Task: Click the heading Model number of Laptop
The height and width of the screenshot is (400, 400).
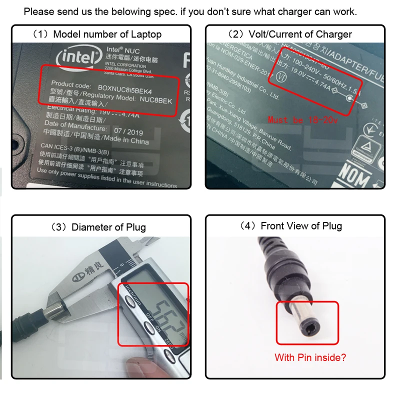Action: [x=101, y=34]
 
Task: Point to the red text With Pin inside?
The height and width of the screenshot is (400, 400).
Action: [x=309, y=357]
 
